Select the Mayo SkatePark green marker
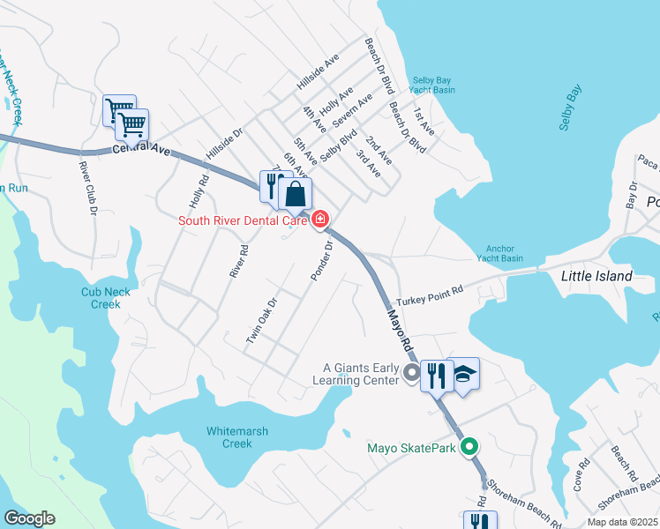[x=470, y=447]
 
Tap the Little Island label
[x=596, y=276]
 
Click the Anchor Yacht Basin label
[x=500, y=253]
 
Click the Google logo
[x=29, y=518]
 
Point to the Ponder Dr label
[x=320, y=261]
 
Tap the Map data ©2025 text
[x=622, y=522]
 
